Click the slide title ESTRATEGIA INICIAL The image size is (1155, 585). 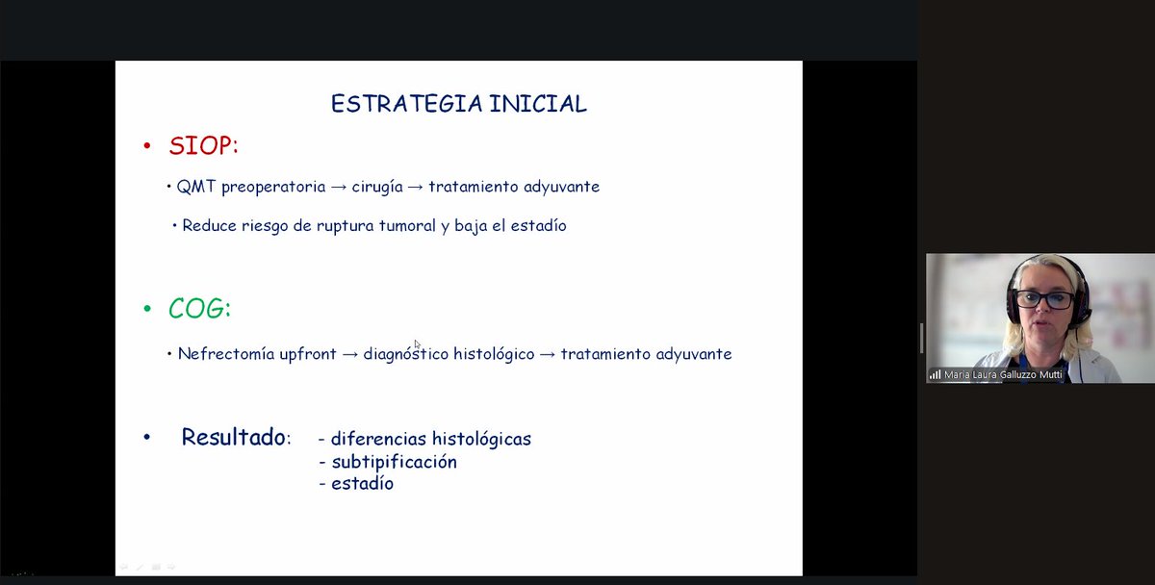(458, 104)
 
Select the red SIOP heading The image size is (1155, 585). (202, 146)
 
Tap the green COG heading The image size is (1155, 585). (199, 309)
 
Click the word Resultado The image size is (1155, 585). (234, 438)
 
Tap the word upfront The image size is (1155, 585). (305, 354)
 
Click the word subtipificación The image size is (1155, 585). (394, 462)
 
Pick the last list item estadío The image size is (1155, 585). (362, 484)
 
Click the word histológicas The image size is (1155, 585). (481, 439)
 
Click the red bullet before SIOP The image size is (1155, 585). (147, 147)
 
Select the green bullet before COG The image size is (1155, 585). (147, 310)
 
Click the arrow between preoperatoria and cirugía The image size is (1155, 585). (338, 187)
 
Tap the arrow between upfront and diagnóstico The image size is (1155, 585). (349, 354)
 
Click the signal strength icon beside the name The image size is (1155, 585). (935, 374)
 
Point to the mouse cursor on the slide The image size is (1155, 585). (417, 344)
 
